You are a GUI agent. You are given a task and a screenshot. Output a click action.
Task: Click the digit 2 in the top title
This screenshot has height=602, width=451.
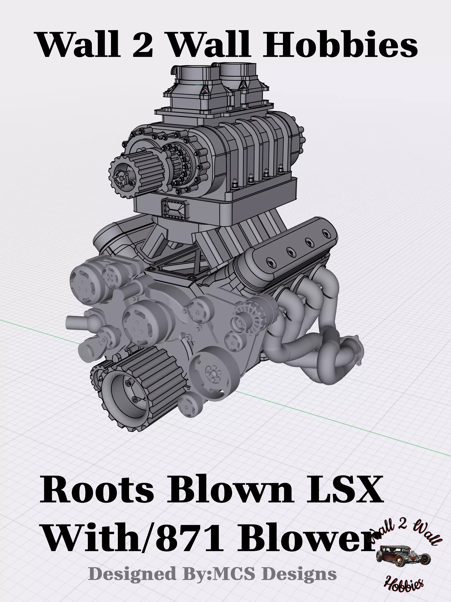[142, 44]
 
